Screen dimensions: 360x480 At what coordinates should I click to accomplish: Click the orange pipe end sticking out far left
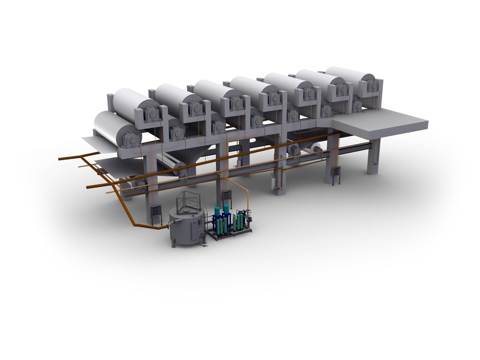(x=61, y=159)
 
